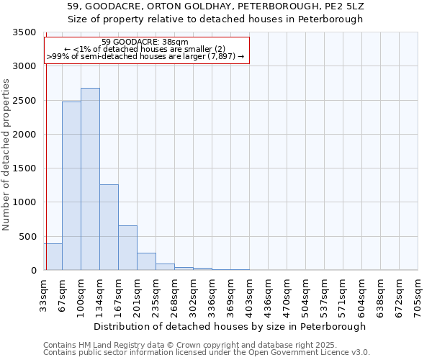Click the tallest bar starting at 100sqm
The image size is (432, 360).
click(90, 179)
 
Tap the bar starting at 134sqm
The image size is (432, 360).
click(109, 228)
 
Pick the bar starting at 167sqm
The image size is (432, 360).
click(127, 248)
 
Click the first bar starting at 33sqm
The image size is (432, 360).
click(53, 257)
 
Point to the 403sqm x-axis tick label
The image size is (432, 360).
click(249, 296)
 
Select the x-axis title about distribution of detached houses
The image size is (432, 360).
click(230, 326)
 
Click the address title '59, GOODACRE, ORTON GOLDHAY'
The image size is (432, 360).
click(216, 6)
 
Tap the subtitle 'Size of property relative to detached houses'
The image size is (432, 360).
click(216, 19)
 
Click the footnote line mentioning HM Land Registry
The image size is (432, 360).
click(185, 345)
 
